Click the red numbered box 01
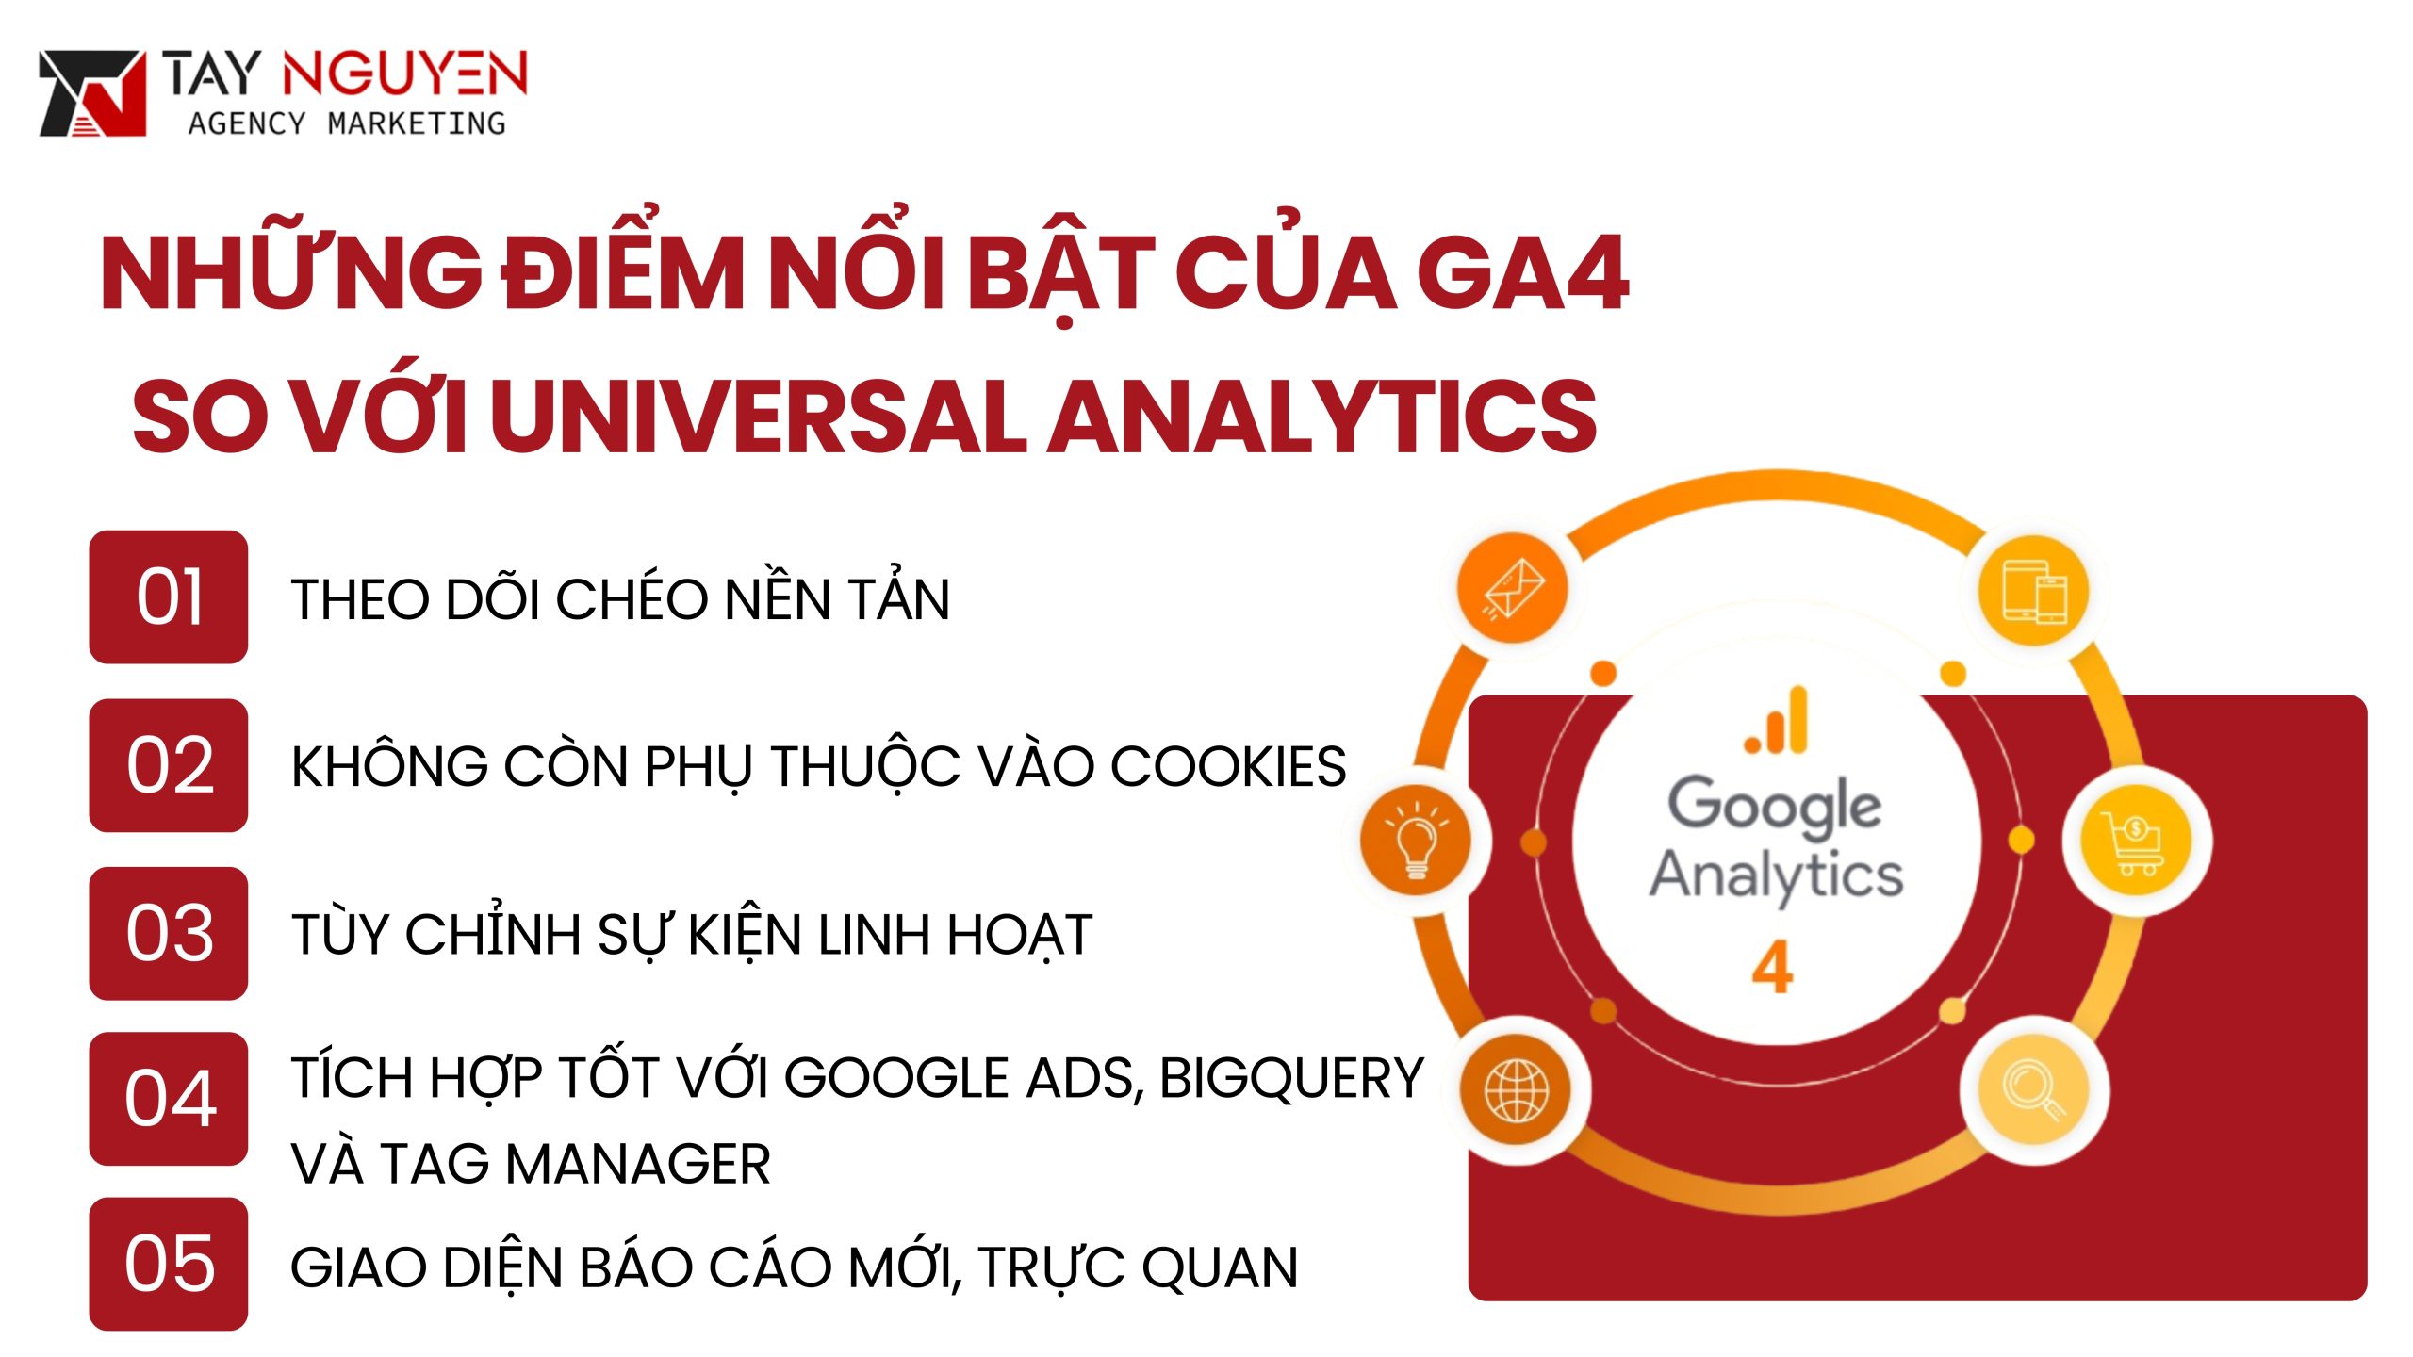pyautogui.click(x=169, y=597)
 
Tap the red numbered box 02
pyautogui.click(x=169, y=765)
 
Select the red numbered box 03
pyautogui.click(x=169, y=933)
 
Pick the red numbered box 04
pyautogui.click(x=169, y=1099)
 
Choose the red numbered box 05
pyautogui.click(x=169, y=1264)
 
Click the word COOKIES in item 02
pyautogui.click(x=1228, y=766)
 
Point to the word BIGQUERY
pyautogui.click(x=1291, y=1078)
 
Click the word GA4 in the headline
pyautogui.click(x=1521, y=275)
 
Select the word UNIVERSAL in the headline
pyautogui.click(x=758, y=417)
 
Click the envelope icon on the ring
pyautogui.click(x=1513, y=590)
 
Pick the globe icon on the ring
pyautogui.click(x=1516, y=1090)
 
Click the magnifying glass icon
pyautogui.click(x=2034, y=1090)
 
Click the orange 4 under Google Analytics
pyautogui.click(x=1772, y=968)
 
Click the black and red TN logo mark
pyautogui.click(x=92, y=93)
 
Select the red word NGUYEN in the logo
pyautogui.click(x=404, y=74)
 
